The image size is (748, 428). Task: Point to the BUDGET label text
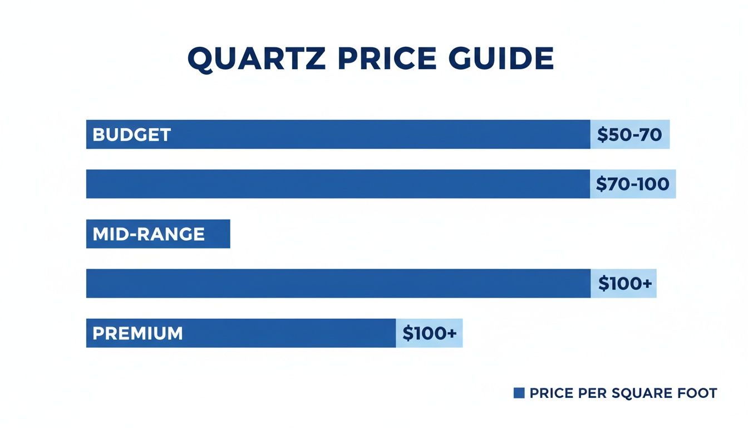tap(131, 135)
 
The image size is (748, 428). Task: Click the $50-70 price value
tap(629, 135)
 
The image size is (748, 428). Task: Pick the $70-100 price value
tap(632, 184)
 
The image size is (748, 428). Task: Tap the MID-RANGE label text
tap(149, 234)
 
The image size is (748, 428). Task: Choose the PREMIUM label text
tap(137, 333)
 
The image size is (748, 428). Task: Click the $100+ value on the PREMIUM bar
tap(429, 333)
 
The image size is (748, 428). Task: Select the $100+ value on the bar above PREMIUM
tap(624, 284)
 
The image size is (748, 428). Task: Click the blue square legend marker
tap(519, 393)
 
